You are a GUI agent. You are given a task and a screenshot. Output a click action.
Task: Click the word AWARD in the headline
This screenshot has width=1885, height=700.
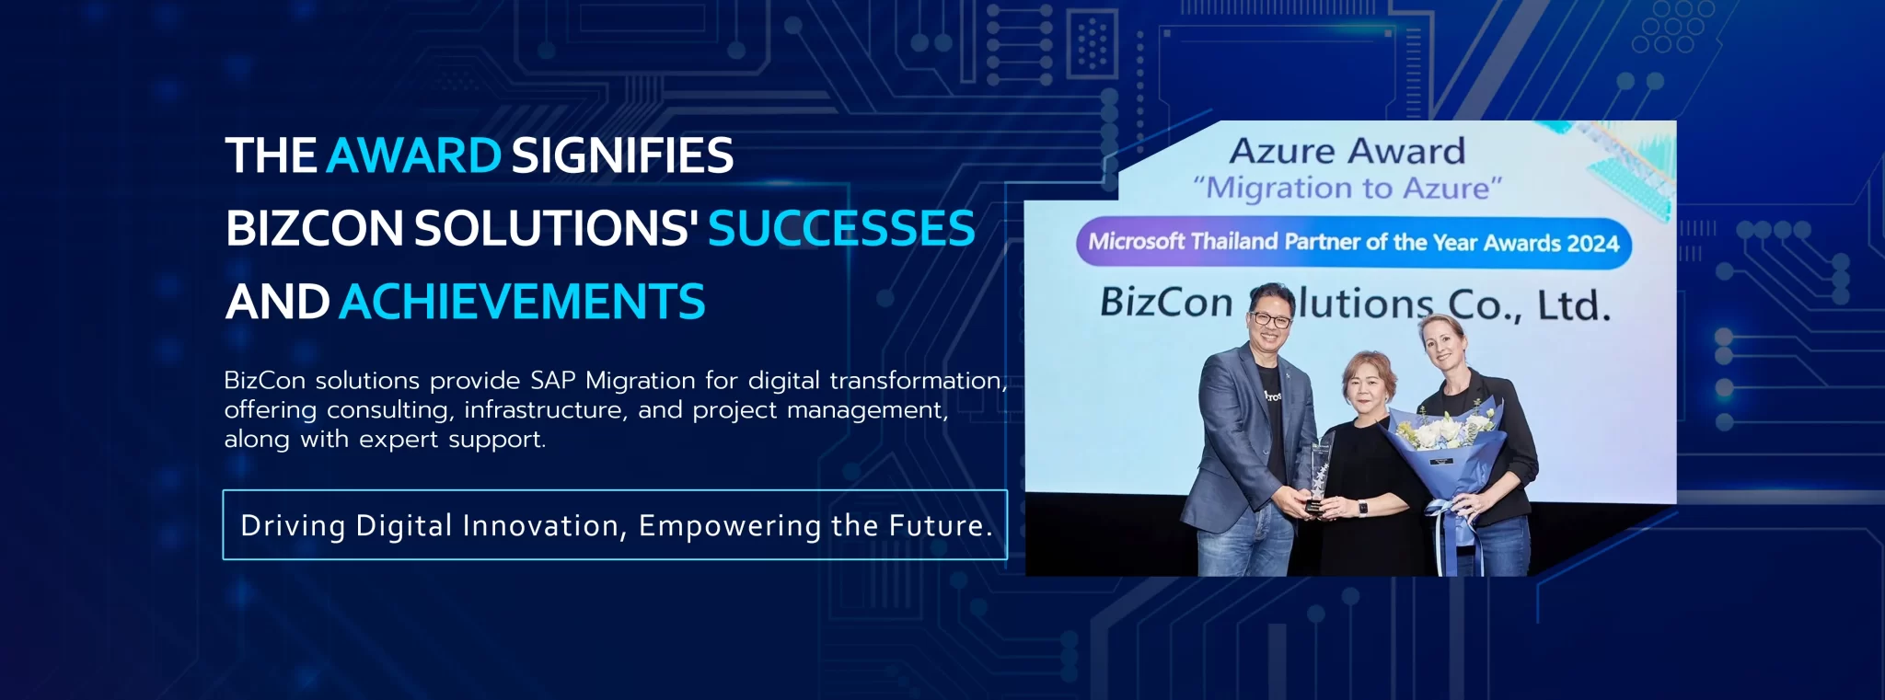pos(414,155)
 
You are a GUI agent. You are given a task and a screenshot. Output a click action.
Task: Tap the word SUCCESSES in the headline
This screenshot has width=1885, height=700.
pos(841,228)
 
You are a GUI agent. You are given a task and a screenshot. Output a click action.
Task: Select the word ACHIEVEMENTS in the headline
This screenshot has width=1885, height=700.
pos(523,302)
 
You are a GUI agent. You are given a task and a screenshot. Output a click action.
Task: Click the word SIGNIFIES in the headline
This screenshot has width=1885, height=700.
pos(622,155)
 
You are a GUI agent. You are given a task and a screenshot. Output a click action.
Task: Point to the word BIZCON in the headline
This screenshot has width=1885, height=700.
pos(315,228)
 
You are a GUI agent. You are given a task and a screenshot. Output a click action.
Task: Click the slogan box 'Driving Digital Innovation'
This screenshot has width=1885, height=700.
pos(615,525)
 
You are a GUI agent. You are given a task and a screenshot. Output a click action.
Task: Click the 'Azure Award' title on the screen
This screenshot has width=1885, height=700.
pos(1347,151)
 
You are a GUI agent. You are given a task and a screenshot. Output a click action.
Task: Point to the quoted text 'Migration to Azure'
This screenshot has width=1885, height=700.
pos(1347,189)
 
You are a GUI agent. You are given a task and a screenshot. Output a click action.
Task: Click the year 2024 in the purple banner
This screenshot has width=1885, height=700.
pos(1592,244)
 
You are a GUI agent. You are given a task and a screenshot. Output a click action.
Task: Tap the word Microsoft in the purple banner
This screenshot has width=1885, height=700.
pos(1137,242)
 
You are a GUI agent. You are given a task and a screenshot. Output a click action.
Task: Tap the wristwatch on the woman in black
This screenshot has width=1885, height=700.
pos(1362,508)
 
